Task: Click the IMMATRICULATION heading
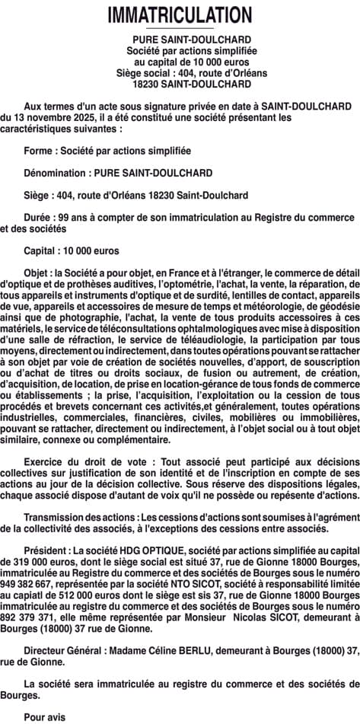tap(180, 14)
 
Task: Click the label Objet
tap(37, 272)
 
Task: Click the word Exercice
tap(46, 462)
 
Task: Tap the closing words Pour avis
tap(45, 716)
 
